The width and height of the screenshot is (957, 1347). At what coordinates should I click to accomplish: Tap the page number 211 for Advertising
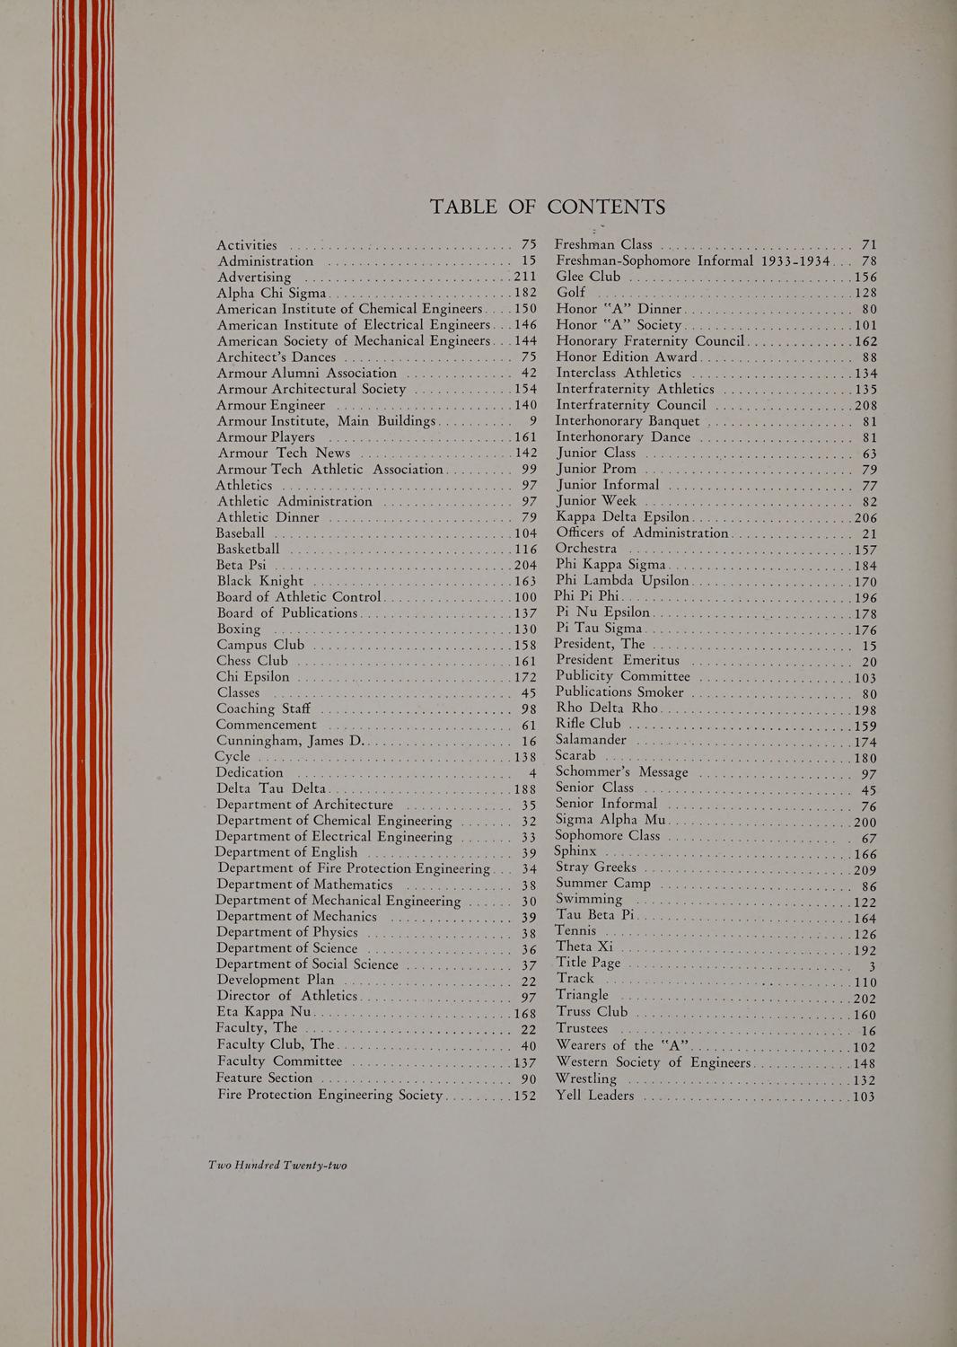pyautogui.click(x=523, y=277)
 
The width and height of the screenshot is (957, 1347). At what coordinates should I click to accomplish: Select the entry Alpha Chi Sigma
pyautogui.click(x=274, y=294)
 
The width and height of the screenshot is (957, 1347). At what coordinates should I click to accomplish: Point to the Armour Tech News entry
pyautogui.click(x=284, y=453)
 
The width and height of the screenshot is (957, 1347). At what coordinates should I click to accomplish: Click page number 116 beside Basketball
pyautogui.click(x=524, y=549)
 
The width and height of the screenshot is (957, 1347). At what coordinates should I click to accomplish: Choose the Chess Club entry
pyautogui.click(x=252, y=661)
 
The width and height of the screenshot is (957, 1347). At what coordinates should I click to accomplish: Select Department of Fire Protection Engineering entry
pyautogui.click(x=353, y=868)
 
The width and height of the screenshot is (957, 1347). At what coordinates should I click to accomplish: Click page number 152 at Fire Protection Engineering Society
pyautogui.click(x=524, y=1096)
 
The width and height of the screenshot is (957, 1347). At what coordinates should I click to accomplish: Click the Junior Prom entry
pyautogui.click(x=596, y=469)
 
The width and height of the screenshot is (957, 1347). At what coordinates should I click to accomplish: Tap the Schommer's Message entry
pyautogui.click(x=622, y=772)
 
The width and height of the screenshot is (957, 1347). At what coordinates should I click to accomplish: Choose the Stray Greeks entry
pyautogui.click(x=596, y=867)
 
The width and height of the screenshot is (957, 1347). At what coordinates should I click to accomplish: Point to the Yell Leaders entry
pyautogui.click(x=594, y=1096)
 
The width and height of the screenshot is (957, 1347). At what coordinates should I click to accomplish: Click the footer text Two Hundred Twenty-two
pyautogui.click(x=277, y=1165)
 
